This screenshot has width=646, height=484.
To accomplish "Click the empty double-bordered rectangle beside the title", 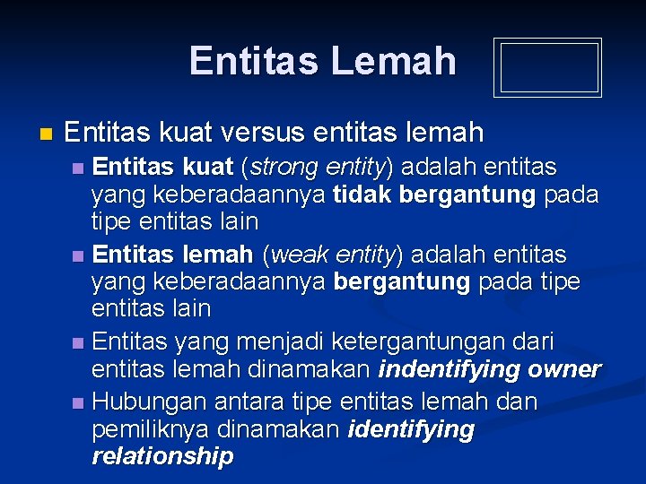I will (x=547, y=68).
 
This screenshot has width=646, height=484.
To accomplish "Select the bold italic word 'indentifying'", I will (x=450, y=369).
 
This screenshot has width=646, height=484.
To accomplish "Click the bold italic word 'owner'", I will (x=564, y=369).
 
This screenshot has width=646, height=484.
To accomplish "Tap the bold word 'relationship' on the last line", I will (x=162, y=456).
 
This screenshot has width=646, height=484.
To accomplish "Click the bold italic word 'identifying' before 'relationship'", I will (x=411, y=429).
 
